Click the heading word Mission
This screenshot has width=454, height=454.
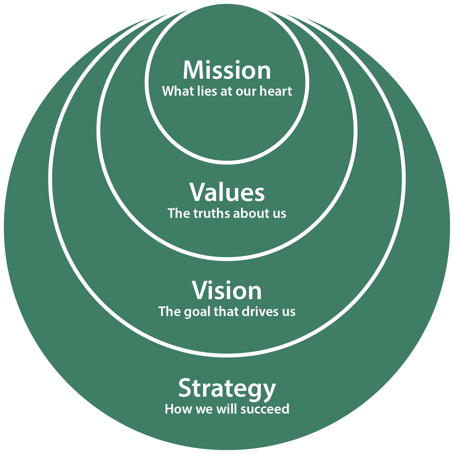click(x=227, y=70)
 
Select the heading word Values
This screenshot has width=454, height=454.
click(x=227, y=192)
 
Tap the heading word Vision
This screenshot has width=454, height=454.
click(x=227, y=290)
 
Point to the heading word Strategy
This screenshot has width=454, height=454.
click(x=227, y=388)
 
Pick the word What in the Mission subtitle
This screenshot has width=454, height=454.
click(x=175, y=91)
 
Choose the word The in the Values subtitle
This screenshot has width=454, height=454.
click(x=176, y=214)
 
